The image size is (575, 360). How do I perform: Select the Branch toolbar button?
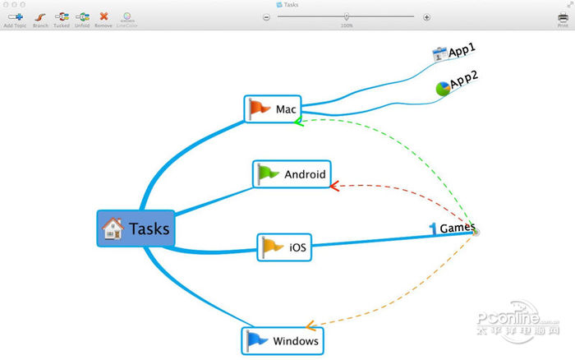click(39, 16)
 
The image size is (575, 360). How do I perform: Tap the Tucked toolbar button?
click(62, 16)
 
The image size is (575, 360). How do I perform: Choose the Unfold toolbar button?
click(82, 16)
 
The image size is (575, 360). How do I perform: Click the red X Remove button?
click(103, 16)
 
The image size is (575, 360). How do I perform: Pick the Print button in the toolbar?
click(563, 16)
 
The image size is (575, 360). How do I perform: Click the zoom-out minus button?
click(266, 16)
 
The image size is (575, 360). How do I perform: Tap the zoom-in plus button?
click(426, 16)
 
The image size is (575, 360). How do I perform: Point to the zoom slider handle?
click(347, 16)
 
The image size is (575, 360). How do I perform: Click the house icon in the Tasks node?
click(113, 228)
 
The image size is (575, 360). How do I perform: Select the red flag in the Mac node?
click(260, 108)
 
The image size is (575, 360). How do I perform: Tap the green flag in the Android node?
click(268, 173)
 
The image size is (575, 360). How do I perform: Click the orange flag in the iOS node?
click(272, 246)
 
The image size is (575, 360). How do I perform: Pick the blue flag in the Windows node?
click(257, 339)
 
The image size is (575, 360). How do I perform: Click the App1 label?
click(462, 51)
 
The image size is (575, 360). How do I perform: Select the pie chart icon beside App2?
click(443, 87)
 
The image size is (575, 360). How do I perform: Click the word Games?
click(457, 228)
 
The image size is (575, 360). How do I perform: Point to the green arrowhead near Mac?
click(299, 122)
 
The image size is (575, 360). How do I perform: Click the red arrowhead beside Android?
click(333, 186)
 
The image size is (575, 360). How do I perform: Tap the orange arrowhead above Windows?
click(310, 325)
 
